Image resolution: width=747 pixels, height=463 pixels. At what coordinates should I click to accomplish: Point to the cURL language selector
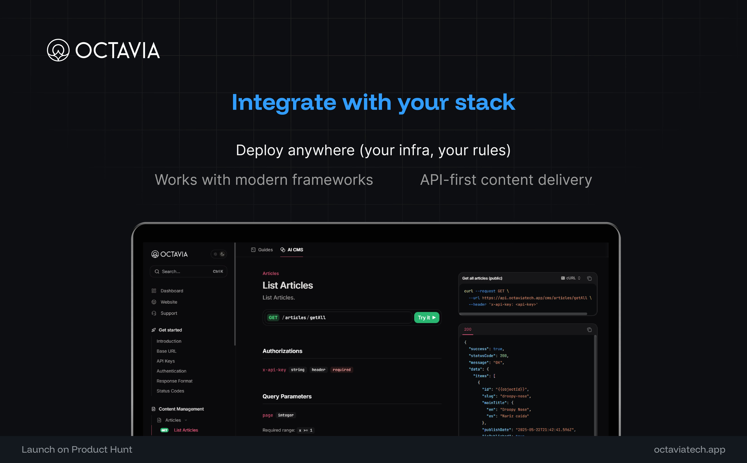[571, 278]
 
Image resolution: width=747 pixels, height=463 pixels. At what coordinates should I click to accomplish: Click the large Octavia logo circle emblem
[58, 50]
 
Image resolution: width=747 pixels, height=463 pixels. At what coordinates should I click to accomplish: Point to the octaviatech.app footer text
[689, 450]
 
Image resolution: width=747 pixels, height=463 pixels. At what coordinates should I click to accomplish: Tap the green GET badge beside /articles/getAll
[273, 318]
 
